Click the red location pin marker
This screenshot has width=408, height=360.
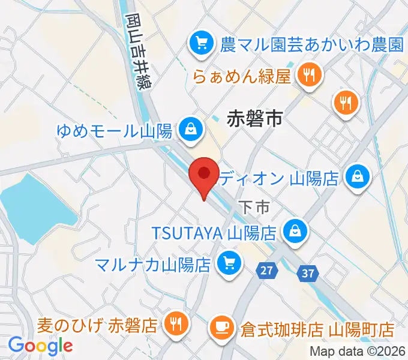pos(203,176)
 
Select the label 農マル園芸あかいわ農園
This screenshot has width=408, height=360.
pos(311,43)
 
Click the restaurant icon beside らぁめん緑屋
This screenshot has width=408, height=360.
pos(310,76)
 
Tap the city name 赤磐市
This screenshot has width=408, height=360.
pos(255,119)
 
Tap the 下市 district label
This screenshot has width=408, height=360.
pos(254,208)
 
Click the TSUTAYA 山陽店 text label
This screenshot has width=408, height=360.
pos(212,231)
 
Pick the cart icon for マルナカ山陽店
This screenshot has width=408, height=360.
pos(229,262)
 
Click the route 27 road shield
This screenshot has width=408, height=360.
pos(266,271)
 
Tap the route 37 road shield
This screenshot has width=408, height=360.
pos(308,274)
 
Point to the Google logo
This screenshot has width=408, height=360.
pos(40,346)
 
